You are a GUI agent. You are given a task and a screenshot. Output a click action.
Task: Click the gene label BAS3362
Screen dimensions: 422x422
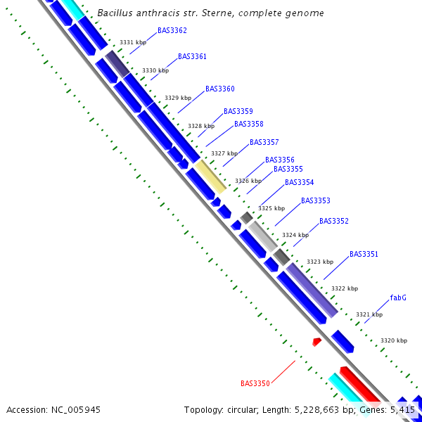coord(172,30)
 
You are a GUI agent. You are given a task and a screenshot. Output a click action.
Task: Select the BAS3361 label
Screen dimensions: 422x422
coord(192,56)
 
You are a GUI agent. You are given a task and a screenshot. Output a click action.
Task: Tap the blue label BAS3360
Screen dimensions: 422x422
coord(220,89)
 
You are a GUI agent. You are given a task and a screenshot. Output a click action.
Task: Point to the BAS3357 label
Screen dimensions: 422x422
coord(264,142)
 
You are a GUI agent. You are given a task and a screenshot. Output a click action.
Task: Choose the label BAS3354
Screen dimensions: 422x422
coord(299,182)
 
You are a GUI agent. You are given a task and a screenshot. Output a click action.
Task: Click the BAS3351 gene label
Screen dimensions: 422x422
coord(364,254)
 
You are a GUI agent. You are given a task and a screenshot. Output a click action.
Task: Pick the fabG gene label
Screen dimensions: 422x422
coord(398,298)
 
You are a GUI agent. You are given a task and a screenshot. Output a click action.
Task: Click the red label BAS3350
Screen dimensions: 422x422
coord(255,383)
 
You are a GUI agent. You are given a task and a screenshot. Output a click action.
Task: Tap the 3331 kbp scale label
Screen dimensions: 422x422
coord(133,43)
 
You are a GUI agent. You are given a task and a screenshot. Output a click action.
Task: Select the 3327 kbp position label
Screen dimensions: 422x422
coord(224,153)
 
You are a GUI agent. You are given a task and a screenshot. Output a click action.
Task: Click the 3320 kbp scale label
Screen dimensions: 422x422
coord(394,340)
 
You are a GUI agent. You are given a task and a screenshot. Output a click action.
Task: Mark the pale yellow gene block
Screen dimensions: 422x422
coord(210,176)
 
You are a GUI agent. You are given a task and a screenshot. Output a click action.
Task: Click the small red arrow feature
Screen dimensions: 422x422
coord(317,342)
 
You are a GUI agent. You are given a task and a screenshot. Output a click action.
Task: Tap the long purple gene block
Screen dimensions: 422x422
coord(312,290)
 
